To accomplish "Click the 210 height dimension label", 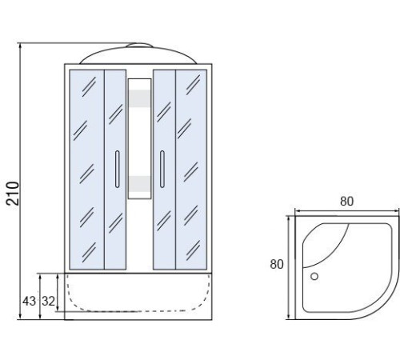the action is [x=13, y=194].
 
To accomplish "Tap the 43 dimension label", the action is [x=29, y=302].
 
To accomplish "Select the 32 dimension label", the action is [x=48, y=302].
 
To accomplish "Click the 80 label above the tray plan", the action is [x=346, y=202].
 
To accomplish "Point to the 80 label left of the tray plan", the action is [x=277, y=264].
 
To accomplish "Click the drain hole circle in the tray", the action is [x=314, y=276].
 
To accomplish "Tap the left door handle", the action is [x=117, y=170].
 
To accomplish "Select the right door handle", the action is [x=162, y=170].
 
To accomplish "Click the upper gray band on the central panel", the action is [x=139, y=98].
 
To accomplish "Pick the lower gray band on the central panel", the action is [x=139, y=184].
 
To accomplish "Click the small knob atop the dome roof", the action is [x=139, y=45].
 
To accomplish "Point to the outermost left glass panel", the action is [x=87, y=170].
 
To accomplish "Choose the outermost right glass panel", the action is [x=191, y=170].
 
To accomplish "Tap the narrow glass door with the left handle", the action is [x=115, y=170].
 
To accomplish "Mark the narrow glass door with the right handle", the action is [x=164, y=170].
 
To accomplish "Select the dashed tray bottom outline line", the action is [x=138, y=310].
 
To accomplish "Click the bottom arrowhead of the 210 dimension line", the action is [x=20, y=316].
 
